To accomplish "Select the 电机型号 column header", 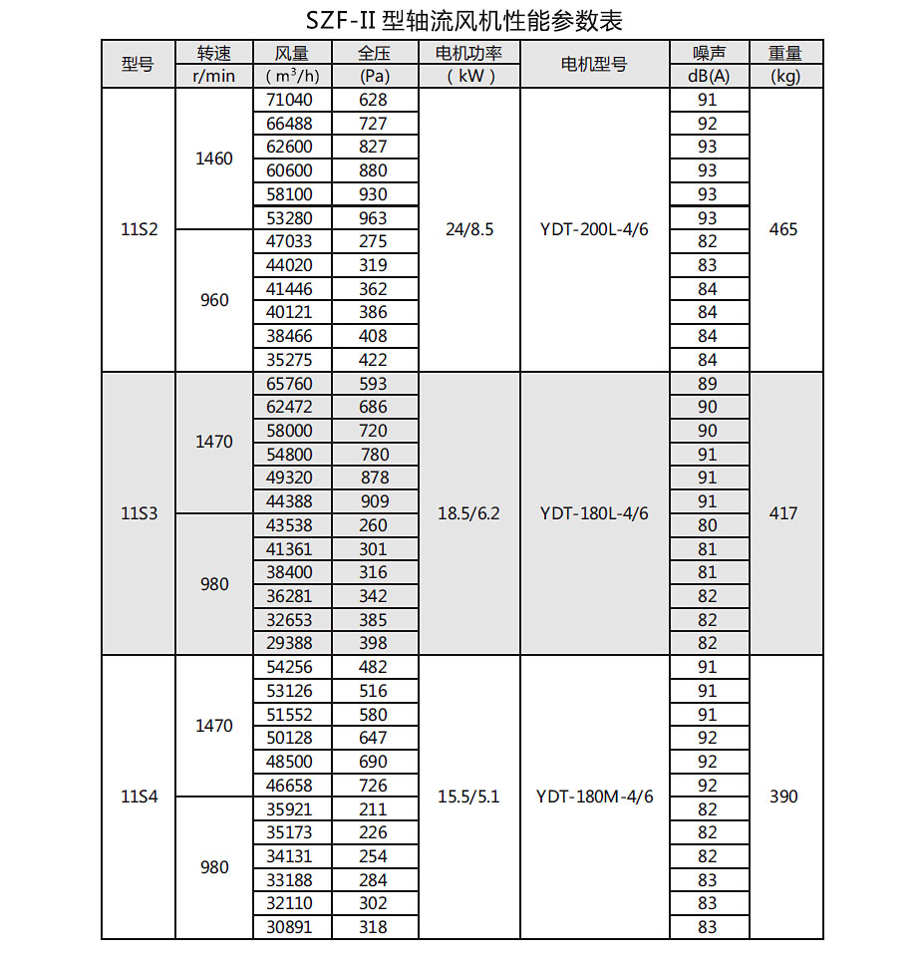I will [594, 65].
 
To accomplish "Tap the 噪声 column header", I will [708, 54].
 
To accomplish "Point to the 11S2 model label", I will [139, 229].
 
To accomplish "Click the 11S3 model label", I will [139, 513].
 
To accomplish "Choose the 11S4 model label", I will [139, 797].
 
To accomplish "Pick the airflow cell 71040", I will [291, 100].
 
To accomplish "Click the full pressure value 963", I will [373, 217].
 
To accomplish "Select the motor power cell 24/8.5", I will [468, 229].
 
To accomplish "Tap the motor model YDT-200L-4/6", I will [594, 229].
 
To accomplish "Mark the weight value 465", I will [784, 229].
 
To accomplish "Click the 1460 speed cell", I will [214, 159].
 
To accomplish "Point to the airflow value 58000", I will [291, 431].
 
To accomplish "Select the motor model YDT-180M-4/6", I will [594, 797].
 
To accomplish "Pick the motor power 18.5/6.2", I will [468, 513].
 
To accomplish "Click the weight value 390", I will [784, 797].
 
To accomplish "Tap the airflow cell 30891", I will [291, 927].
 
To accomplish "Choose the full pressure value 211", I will [373, 809].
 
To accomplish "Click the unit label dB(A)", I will [708, 77].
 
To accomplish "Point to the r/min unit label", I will [214, 77].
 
